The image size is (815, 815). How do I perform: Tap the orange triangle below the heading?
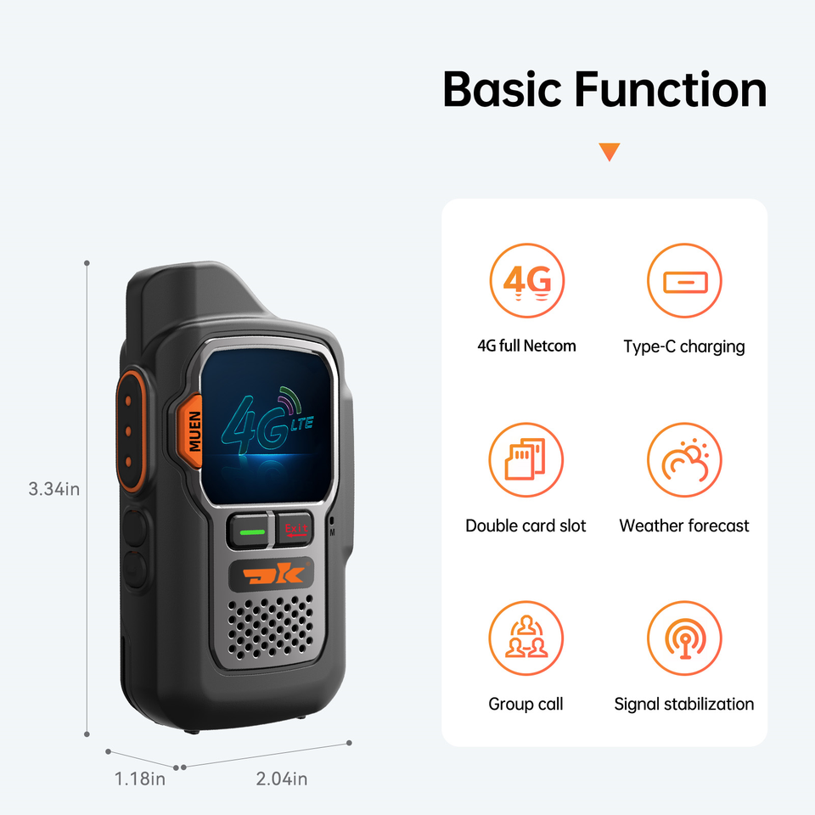(x=609, y=153)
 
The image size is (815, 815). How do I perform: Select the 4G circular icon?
(x=526, y=281)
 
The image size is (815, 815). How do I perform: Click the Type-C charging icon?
(x=684, y=281)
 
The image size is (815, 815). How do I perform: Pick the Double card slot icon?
(x=526, y=459)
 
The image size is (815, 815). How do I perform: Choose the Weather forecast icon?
(x=684, y=459)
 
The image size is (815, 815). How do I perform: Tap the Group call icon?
(x=526, y=638)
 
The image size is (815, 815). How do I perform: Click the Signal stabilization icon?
(x=684, y=638)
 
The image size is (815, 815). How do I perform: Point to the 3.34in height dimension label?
(x=54, y=489)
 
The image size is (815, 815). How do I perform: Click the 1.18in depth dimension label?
(x=140, y=778)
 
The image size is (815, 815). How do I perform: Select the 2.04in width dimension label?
(x=281, y=778)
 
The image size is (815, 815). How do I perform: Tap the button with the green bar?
(x=251, y=531)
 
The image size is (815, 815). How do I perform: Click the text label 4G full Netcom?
(x=526, y=346)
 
